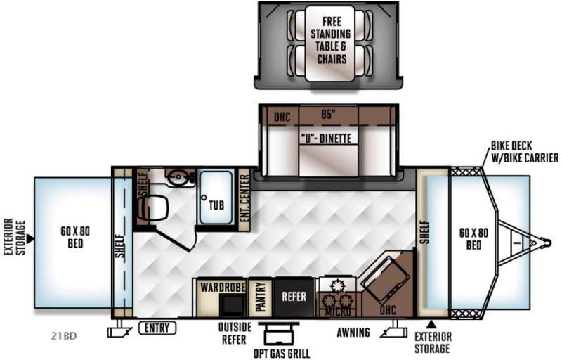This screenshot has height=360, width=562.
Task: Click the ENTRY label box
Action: click(x=157, y=328)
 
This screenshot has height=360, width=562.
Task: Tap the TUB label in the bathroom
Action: click(x=216, y=205)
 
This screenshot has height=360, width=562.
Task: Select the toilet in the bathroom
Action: click(x=153, y=207)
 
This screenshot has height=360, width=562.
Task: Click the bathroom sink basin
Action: click(x=178, y=177)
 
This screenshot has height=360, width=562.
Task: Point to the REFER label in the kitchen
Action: click(x=294, y=297)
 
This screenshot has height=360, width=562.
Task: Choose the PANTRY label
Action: click(x=261, y=297)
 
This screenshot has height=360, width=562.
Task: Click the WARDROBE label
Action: click(x=223, y=287)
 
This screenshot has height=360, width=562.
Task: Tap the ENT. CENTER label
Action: click(x=244, y=198)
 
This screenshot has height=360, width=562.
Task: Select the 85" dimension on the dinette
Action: click(x=328, y=114)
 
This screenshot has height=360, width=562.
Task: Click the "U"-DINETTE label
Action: click(x=326, y=138)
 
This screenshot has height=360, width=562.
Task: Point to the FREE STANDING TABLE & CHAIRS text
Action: click(x=331, y=40)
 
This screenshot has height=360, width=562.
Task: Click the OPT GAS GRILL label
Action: click(x=282, y=354)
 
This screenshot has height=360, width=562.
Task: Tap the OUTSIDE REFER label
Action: click(x=235, y=333)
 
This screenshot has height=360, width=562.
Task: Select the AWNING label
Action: click(x=353, y=333)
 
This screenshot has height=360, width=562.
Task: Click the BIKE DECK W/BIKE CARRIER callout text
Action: click(x=524, y=152)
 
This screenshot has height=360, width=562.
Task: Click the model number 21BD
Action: click(x=64, y=336)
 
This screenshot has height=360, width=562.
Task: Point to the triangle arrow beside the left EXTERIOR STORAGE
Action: click(x=30, y=238)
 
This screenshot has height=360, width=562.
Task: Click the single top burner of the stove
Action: click(x=337, y=285)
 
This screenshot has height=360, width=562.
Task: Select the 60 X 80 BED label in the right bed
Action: click(x=473, y=239)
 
